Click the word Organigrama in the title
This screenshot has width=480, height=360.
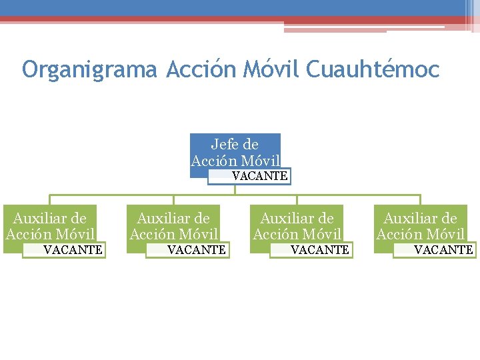click(89, 69)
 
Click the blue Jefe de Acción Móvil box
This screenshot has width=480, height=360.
click(235, 152)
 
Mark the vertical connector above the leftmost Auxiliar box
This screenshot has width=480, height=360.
click(50, 200)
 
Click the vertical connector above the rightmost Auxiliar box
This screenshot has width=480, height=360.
click(420, 200)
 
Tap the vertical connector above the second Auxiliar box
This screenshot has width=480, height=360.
click(173, 200)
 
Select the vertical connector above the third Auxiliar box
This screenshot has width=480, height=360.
click(297, 200)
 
